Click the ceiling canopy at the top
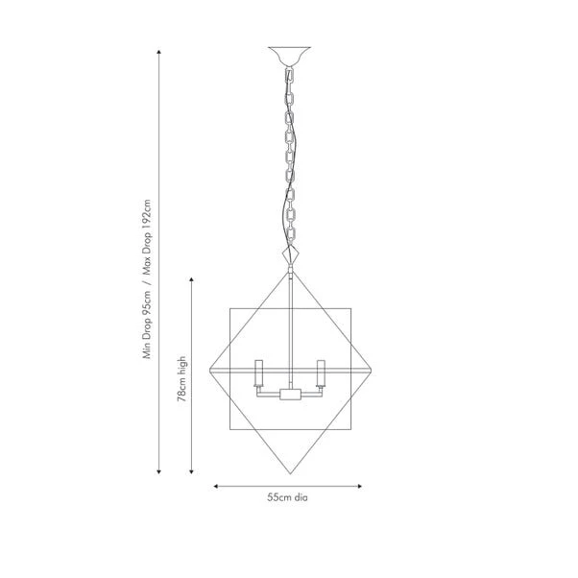pyautogui.click(x=289, y=56)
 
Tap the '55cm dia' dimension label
pyautogui.click(x=287, y=497)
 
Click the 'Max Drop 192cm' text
pyautogui.click(x=147, y=238)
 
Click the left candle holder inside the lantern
pyautogui.click(x=258, y=373)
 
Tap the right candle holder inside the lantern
pyautogui.click(x=321, y=373)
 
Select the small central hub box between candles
pyautogui.click(x=291, y=395)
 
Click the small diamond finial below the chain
pyautogui.click(x=291, y=254)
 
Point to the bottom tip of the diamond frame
pyautogui.click(x=291, y=473)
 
